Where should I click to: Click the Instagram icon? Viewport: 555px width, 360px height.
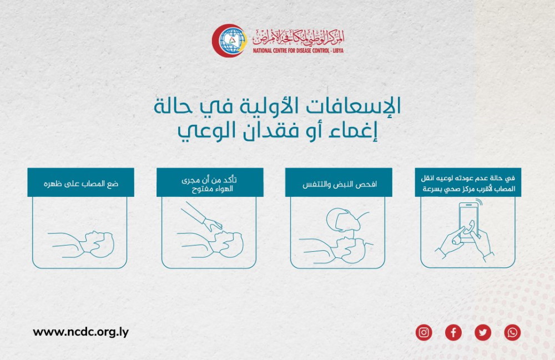click(x=423, y=332)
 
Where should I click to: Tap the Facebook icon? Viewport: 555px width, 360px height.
click(x=453, y=332)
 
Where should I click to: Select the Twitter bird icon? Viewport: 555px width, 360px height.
click(x=483, y=332)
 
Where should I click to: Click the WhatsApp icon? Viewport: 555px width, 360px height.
click(x=512, y=332)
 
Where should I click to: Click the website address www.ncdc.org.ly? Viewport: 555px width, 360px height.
click(x=80, y=332)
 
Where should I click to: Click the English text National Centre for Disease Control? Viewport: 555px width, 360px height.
click(x=298, y=50)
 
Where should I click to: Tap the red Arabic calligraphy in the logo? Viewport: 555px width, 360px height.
click(x=298, y=37)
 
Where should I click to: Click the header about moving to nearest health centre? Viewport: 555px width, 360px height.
click(x=468, y=182)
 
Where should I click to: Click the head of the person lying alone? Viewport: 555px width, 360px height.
click(x=100, y=244)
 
